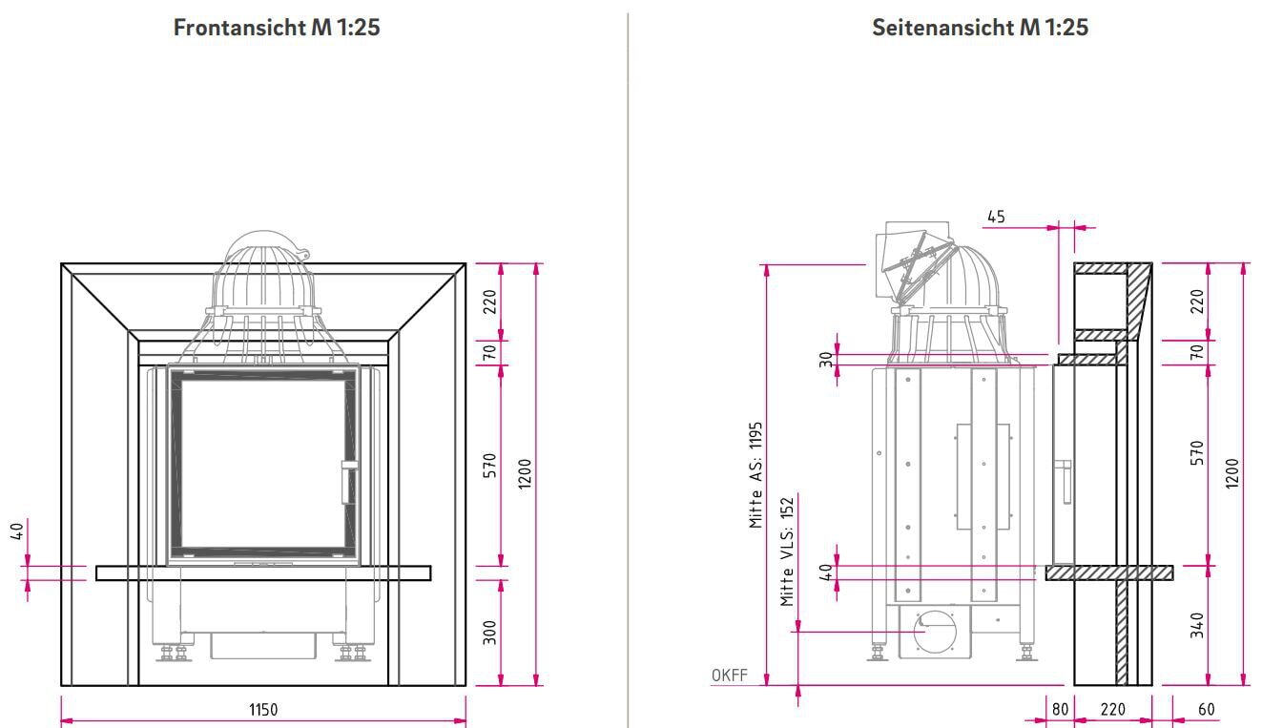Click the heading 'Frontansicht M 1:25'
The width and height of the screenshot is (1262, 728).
tap(277, 28)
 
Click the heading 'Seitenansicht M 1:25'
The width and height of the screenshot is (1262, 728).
tap(980, 28)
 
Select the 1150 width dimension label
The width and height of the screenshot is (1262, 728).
tap(263, 710)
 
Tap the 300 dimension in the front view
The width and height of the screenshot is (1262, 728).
tap(490, 633)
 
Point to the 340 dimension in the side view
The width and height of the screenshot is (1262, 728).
tap(1197, 626)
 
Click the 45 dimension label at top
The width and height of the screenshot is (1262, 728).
tap(996, 218)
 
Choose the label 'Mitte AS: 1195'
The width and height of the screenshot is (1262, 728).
tap(755, 474)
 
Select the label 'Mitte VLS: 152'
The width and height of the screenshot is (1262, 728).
tap(787, 551)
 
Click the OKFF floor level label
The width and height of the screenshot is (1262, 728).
tap(730, 676)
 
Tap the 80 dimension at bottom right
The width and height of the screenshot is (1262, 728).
tap(1060, 710)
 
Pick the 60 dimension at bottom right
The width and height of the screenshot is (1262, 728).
tap(1207, 710)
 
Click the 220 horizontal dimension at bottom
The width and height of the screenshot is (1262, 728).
tap(1112, 710)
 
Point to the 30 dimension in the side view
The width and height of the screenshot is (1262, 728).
tap(826, 359)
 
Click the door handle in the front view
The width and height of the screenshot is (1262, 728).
tap(348, 481)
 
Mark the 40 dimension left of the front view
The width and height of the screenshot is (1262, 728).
tap(17, 530)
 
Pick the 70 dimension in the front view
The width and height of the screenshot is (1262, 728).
tap(490, 352)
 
